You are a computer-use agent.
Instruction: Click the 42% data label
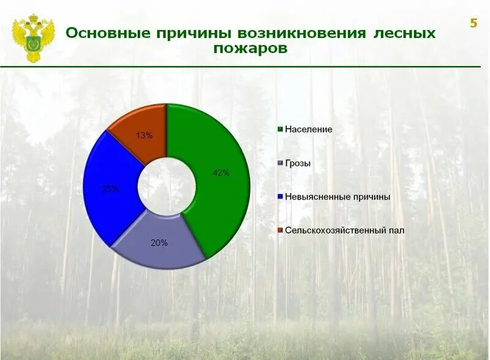pyautogui.click(x=221, y=173)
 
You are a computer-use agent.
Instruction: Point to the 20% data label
pyautogui.click(x=159, y=243)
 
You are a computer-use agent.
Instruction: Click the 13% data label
pyautogui.click(x=145, y=136)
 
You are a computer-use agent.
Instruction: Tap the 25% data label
pyautogui.click(x=110, y=189)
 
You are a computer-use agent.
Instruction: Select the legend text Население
pyautogui.click(x=309, y=130)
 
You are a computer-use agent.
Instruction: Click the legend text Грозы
pyautogui.click(x=298, y=163)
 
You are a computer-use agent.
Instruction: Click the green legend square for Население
pyautogui.click(x=281, y=130)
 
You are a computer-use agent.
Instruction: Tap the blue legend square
pyautogui.click(x=281, y=197)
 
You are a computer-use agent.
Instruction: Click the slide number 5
pyautogui.click(x=473, y=24)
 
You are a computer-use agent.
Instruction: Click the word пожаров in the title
pyautogui.click(x=250, y=49)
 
